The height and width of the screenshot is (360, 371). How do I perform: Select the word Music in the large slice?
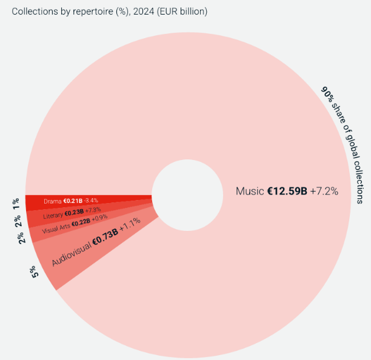coord(250,192)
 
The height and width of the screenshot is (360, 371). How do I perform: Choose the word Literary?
coord(53,215)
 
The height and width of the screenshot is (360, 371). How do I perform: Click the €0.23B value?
coord(74,212)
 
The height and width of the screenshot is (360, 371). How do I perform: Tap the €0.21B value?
coord(73,201)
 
